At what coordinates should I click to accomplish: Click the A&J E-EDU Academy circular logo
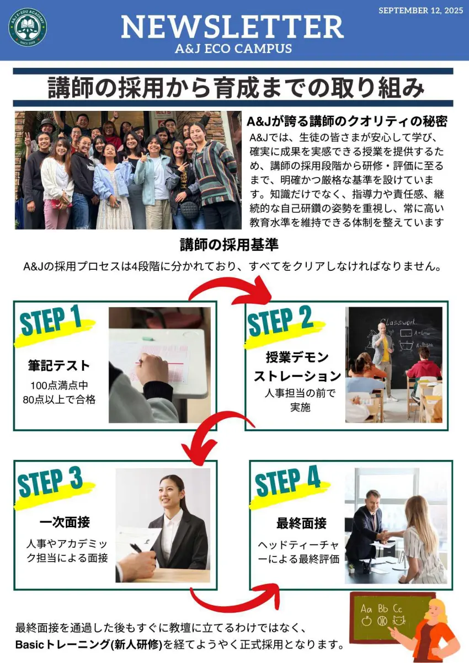point(28,27)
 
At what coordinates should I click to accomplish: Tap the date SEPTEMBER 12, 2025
point(420,10)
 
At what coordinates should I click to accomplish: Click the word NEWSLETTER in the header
point(232,27)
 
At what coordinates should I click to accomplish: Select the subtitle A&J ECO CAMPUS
point(233,49)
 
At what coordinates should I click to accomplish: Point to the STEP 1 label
point(51,321)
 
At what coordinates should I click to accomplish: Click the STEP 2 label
point(280,321)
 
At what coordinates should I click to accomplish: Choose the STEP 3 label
point(50,483)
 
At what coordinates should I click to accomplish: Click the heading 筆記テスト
point(59,366)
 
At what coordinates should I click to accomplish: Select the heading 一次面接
point(65,522)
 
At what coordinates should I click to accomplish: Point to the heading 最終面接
point(301,523)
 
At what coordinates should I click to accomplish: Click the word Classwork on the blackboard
point(398,322)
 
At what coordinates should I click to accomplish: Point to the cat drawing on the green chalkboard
point(398,620)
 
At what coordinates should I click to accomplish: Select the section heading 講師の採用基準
point(229,245)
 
